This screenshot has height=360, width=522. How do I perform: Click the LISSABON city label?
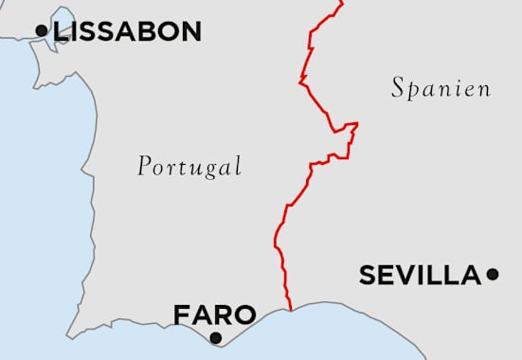[128, 31]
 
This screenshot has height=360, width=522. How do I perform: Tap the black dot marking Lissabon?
[41, 31]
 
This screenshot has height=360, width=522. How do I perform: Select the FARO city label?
[214, 315]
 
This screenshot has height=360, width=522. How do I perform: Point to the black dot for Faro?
[215, 337]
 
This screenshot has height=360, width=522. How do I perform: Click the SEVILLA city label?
[420, 276]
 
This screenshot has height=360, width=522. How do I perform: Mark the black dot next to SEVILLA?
[492, 275]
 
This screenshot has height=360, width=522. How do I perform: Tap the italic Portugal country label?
[189, 167]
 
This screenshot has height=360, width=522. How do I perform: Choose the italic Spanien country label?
[441, 89]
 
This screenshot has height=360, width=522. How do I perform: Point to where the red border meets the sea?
[290, 309]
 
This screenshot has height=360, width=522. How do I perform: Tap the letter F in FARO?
[181, 315]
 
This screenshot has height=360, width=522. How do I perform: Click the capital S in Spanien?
[399, 88]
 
